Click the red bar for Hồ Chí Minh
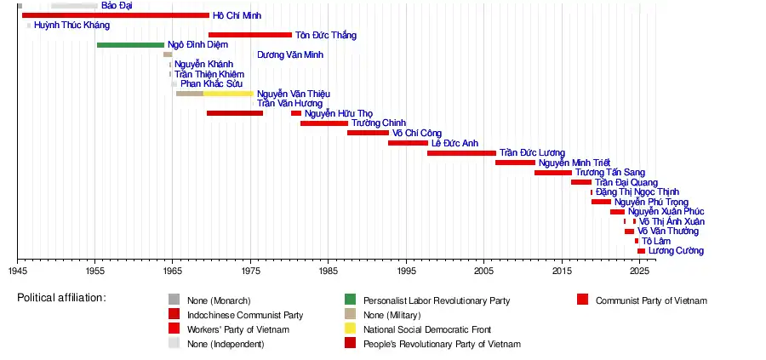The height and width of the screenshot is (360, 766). pyautogui.click(x=115, y=15)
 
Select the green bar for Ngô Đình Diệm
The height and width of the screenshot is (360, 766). pyautogui.click(x=130, y=45)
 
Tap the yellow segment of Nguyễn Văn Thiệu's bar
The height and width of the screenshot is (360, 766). pyautogui.click(x=228, y=94)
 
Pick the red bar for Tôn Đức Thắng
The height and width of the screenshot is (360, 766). pyautogui.click(x=249, y=35)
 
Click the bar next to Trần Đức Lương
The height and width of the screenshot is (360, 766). pyautogui.click(x=461, y=153)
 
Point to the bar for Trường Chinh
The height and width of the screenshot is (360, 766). pyautogui.click(x=323, y=123)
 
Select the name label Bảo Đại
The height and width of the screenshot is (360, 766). pyautogui.click(x=117, y=6)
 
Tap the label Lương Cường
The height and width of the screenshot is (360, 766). pyautogui.click(x=676, y=251)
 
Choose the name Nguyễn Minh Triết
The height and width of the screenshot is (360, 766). pyautogui.click(x=574, y=163)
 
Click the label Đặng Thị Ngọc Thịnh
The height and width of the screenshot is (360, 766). pyautogui.click(x=637, y=192)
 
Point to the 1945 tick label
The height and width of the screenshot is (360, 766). pyautogui.click(x=17, y=271)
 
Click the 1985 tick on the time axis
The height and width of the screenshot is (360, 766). pyautogui.click(x=328, y=271)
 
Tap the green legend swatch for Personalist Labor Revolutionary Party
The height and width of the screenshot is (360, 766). pyautogui.click(x=350, y=300)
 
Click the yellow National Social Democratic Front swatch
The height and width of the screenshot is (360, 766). pyautogui.click(x=350, y=329)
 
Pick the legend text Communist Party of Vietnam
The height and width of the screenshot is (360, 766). pyautogui.click(x=651, y=300)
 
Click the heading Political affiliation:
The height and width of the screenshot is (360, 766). pyautogui.click(x=61, y=298)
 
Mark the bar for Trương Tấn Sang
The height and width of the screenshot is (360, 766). pyautogui.click(x=553, y=173)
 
